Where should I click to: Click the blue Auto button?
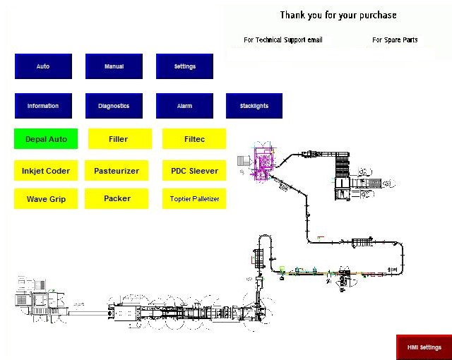(43, 66)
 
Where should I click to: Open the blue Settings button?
(184, 66)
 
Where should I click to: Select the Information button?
(43, 106)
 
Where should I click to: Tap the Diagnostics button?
(114, 106)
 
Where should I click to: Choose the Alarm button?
(184, 106)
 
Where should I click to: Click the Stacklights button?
(254, 106)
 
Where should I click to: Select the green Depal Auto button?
(46, 139)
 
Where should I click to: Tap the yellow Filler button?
(119, 139)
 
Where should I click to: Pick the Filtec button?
(194, 139)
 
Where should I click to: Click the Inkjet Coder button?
(46, 171)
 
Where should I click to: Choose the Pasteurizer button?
(117, 171)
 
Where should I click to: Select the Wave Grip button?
(46, 199)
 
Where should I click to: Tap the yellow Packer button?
(117, 199)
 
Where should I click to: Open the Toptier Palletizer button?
(194, 199)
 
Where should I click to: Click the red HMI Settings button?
(424, 347)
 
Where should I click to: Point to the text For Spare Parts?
(395, 40)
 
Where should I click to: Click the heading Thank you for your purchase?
(338, 15)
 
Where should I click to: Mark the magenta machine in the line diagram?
(261, 162)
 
